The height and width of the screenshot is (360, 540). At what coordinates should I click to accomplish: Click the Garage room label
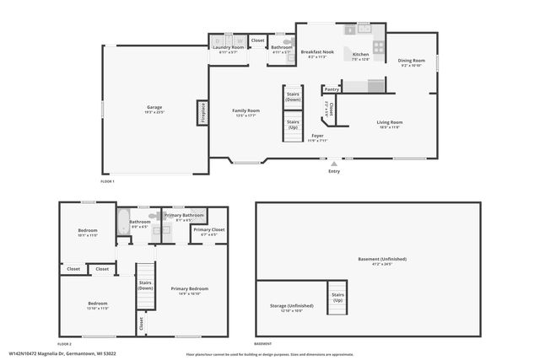pos(154,107)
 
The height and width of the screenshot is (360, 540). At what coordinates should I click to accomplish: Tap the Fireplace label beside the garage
pos(202,113)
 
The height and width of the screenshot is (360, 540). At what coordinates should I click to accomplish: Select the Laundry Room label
pos(229,47)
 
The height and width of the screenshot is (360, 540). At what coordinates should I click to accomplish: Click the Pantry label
pos(332,89)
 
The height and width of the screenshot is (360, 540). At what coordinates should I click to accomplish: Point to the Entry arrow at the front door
pos(334,163)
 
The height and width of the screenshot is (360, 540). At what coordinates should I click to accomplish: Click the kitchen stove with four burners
pos(380,48)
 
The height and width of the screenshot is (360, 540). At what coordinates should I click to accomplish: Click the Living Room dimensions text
pos(389,126)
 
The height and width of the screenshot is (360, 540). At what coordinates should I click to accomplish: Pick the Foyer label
pos(317,135)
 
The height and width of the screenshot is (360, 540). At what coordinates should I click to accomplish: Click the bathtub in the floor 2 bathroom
pos(123,223)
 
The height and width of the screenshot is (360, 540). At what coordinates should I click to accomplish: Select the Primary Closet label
pos(208,229)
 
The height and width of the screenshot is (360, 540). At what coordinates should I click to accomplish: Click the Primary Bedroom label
pos(190,288)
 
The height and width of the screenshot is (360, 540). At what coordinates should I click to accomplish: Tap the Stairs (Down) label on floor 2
pos(145,285)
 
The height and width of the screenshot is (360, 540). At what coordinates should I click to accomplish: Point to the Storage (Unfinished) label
pos(291,305)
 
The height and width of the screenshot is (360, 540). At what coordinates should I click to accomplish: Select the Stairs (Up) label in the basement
pos(337,298)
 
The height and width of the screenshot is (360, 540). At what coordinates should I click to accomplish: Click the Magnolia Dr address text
pos(63,353)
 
